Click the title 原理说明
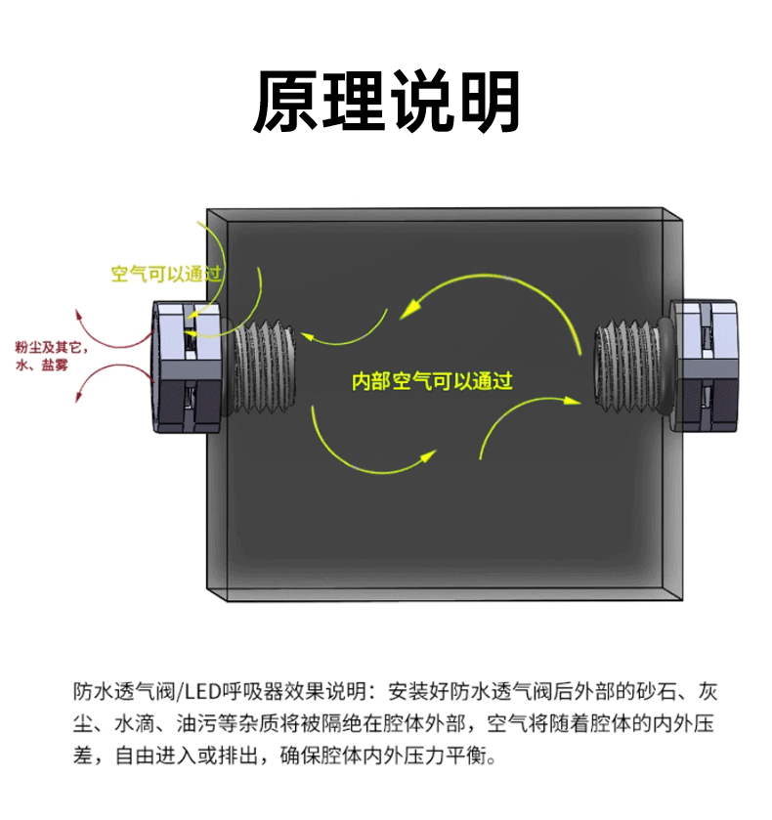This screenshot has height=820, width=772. point(386,102)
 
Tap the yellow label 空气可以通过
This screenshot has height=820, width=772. point(167,275)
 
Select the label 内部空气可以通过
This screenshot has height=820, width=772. point(432,381)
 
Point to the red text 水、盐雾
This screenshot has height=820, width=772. point(43,366)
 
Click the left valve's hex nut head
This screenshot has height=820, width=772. point(189,367)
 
